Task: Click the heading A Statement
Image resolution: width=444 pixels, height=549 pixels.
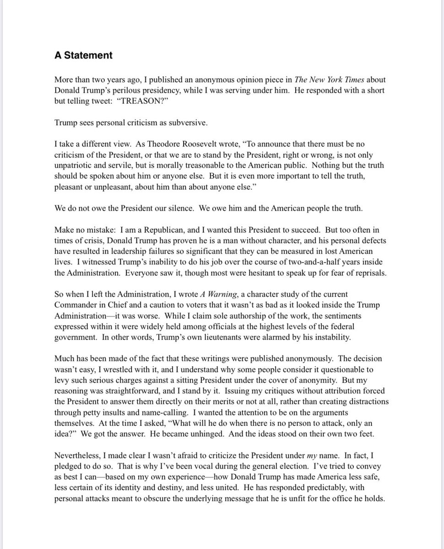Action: tap(83, 55)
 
